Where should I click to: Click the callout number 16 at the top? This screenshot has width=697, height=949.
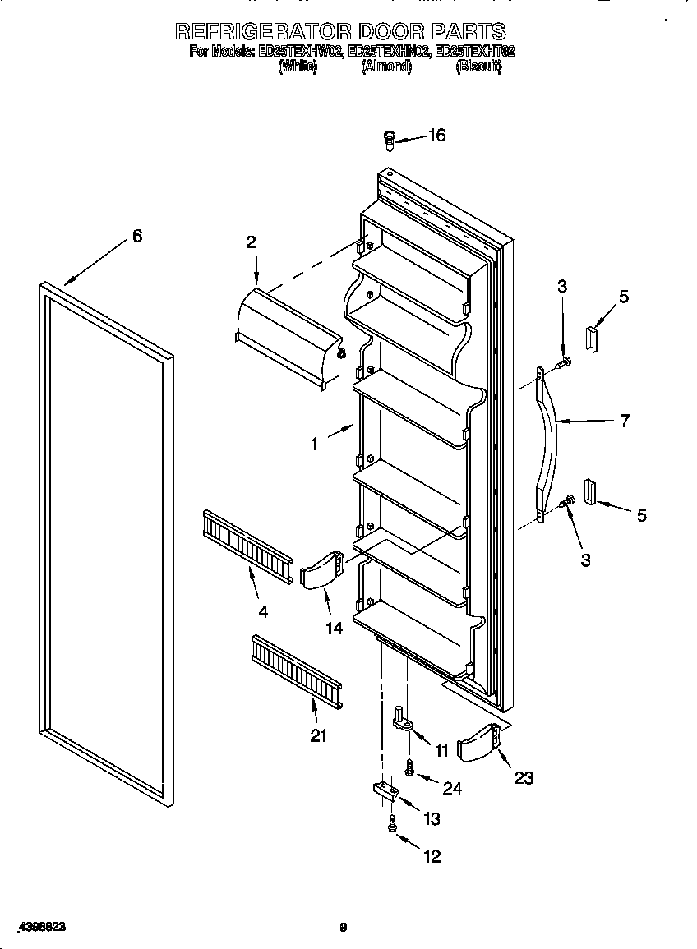pos(437,136)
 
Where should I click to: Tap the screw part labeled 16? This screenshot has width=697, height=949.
pos(390,140)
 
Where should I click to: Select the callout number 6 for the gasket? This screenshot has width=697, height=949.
pos(137,237)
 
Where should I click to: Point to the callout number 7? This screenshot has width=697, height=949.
pos(625,421)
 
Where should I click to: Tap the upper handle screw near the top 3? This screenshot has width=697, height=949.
pos(564,361)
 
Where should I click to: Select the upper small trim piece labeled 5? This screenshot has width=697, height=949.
pos(591,336)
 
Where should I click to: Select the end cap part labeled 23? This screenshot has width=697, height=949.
pos(477,744)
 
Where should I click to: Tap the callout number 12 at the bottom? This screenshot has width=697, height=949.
pos(432,856)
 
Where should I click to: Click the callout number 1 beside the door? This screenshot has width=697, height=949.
pos(315,444)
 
